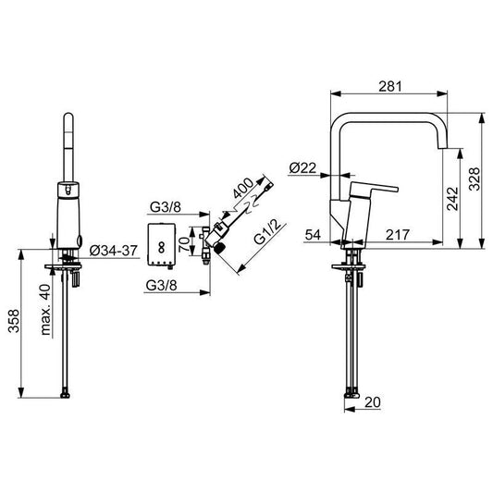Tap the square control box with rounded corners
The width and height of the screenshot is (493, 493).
tap(163, 243)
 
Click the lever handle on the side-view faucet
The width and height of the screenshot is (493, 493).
tap(376, 191)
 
